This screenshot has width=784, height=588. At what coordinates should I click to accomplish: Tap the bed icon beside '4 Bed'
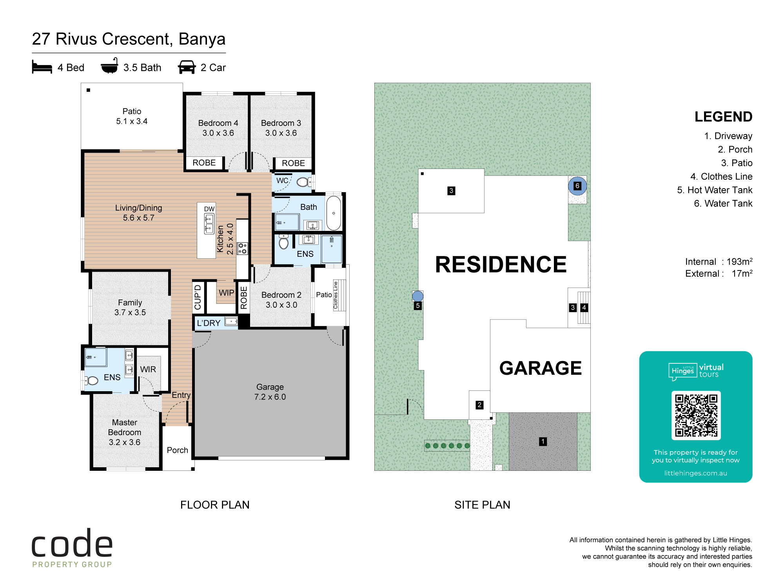pyautogui.click(x=42, y=67)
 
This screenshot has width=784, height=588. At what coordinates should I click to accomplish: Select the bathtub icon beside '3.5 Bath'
pyautogui.click(x=109, y=66)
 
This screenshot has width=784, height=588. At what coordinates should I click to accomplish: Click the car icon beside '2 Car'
pyautogui.click(x=187, y=67)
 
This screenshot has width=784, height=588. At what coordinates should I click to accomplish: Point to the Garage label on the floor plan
pyautogui.click(x=270, y=387)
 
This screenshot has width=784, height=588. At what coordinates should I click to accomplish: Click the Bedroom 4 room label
pyautogui.click(x=218, y=123)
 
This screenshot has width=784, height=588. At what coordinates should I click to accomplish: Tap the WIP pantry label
pyautogui.click(x=226, y=293)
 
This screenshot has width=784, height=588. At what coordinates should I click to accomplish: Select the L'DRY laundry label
pyautogui.click(x=209, y=323)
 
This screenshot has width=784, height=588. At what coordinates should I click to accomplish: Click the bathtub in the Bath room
pyautogui.click(x=334, y=213)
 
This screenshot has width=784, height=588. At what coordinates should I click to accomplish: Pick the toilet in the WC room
pyautogui.click(x=304, y=182)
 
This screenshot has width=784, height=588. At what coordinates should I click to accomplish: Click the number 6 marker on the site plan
pyautogui.click(x=577, y=186)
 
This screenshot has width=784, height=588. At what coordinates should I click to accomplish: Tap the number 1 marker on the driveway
pyautogui.click(x=543, y=441)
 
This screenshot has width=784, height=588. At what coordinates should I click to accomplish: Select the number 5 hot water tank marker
pyautogui.click(x=418, y=306)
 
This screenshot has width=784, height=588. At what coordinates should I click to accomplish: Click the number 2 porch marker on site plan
pyautogui.click(x=479, y=405)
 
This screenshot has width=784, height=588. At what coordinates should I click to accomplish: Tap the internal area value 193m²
pyautogui.click(x=739, y=261)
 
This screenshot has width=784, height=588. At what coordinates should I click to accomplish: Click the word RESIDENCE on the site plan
pyautogui.click(x=501, y=264)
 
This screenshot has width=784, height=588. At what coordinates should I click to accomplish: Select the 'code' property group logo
pyautogui.click(x=72, y=548)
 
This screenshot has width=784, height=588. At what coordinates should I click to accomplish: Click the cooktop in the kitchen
pyautogui.click(x=243, y=249)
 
